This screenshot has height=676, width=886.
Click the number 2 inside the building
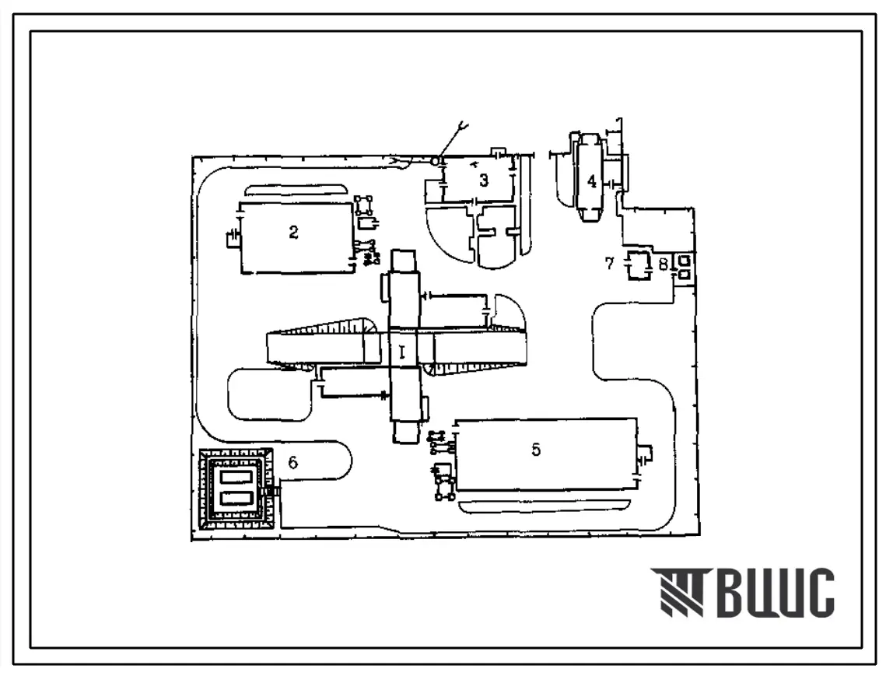click(x=293, y=233)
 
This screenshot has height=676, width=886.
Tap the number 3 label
click(x=484, y=181)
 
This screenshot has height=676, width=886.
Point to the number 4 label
click(x=592, y=181)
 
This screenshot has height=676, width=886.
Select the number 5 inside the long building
click(x=536, y=450)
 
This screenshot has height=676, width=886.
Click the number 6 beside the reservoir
click(x=292, y=462)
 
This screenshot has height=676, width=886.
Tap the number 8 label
click(x=662, y=264)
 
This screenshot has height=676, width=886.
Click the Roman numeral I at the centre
click(x=402, y=352)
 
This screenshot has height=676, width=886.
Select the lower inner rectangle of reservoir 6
click(x=236, y=499)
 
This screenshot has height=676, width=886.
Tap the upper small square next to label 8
click(x=684, y=260)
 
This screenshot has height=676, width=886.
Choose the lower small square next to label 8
click(x=684, y=274)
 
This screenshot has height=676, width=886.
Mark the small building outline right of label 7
click(x=639, y=265)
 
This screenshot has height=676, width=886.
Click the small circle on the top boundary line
click(x=436, y=160)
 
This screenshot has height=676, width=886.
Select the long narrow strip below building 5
click(x=545, y=506)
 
